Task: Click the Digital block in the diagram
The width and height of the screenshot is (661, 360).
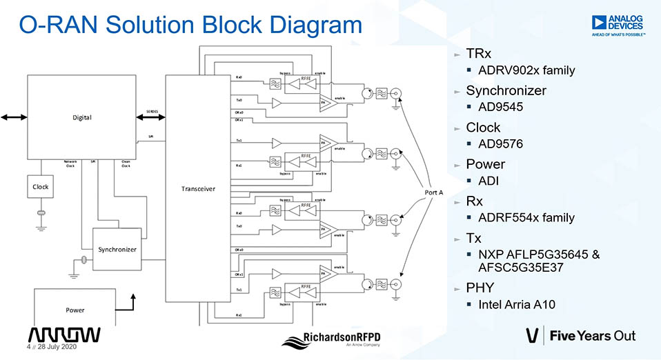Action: tap(82, 117)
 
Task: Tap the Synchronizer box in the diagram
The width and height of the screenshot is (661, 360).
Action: tap(117, 249)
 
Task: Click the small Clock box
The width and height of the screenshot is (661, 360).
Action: tap(41, 187)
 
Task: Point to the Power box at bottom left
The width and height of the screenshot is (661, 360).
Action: tap(75, 310)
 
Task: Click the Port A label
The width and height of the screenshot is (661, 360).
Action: tap(433, 192)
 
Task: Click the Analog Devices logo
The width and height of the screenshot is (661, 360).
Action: tap(617, 26)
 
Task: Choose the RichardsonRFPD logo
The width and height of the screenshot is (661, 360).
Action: tap(334, 339)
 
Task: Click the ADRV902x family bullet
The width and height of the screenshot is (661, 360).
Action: tap(526, 70)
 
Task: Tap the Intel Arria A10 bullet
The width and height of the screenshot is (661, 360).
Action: tap(517, 304)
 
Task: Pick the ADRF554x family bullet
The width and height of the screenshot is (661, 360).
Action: tap(526, 217)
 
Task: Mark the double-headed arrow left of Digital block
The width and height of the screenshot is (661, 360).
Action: tap(14, 117)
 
